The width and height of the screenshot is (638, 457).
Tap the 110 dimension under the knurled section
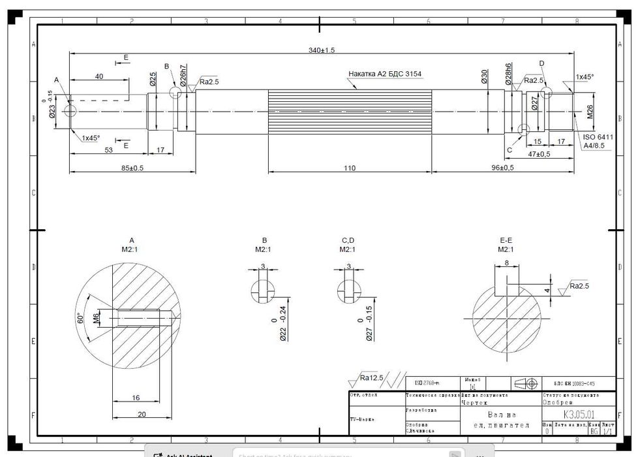[x=350, y=168]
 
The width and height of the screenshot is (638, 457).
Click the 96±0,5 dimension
[x=502, y=168]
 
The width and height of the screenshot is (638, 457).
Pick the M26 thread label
[x=590, y=112]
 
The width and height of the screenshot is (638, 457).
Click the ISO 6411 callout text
[x=598, y=137]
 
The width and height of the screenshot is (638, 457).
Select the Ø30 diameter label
[x=485, y=77]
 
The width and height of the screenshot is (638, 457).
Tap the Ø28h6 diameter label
[x=508, y=74]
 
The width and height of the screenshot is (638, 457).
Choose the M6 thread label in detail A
[x=96, y=318]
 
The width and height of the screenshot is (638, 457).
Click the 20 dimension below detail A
[x=141, y=414]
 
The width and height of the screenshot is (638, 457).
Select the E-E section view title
[x=506, y=240]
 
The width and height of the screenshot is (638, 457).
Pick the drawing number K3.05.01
[x=579, y=414]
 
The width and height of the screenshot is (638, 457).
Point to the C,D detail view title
[x=348, y=240]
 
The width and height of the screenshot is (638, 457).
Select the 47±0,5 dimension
[x=539, y=154]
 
